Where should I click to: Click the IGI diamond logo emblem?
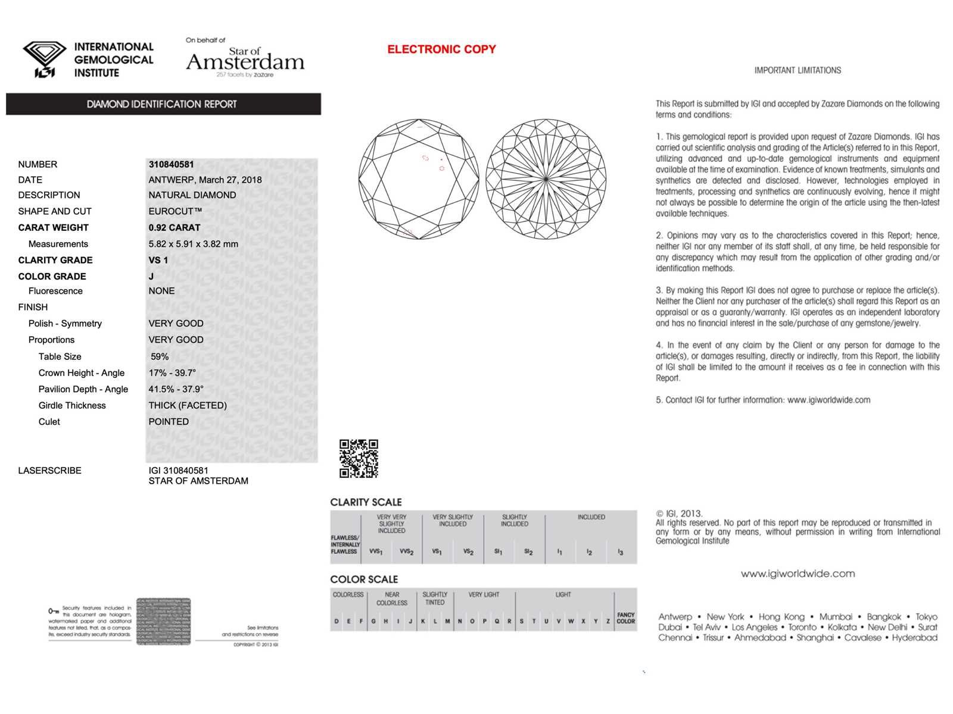click(x=45, y=59)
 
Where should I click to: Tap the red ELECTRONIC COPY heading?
click(x=441, y=49)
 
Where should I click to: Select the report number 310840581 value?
click(x=171, y=164)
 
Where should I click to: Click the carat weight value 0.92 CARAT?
click(x=175, y=227)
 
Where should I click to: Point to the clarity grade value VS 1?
click(x=158, y=260)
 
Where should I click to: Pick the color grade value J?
click(x=151, y=276)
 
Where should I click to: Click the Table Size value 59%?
click(x=160, y=356)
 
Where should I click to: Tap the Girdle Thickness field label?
click(x=72, y=405)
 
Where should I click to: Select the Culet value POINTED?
click(x=169, y=421)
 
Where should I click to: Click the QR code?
click(x=359, y=459)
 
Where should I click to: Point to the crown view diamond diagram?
click(x=419, y=179)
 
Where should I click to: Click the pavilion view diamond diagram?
click(x=546, y=179)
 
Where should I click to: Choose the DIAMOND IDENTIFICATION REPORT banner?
click(x=163, y=104)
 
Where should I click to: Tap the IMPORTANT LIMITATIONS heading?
click(x=798, y=70)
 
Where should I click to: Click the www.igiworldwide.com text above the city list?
click(x=798, y=574)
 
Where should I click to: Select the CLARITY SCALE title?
click(x=366, y=502)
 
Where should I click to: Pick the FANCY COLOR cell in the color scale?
click(x=625, y=618)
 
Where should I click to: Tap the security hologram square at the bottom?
click(x=164, y=621)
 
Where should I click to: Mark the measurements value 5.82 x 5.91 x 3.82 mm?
click(x=193, y=244)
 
